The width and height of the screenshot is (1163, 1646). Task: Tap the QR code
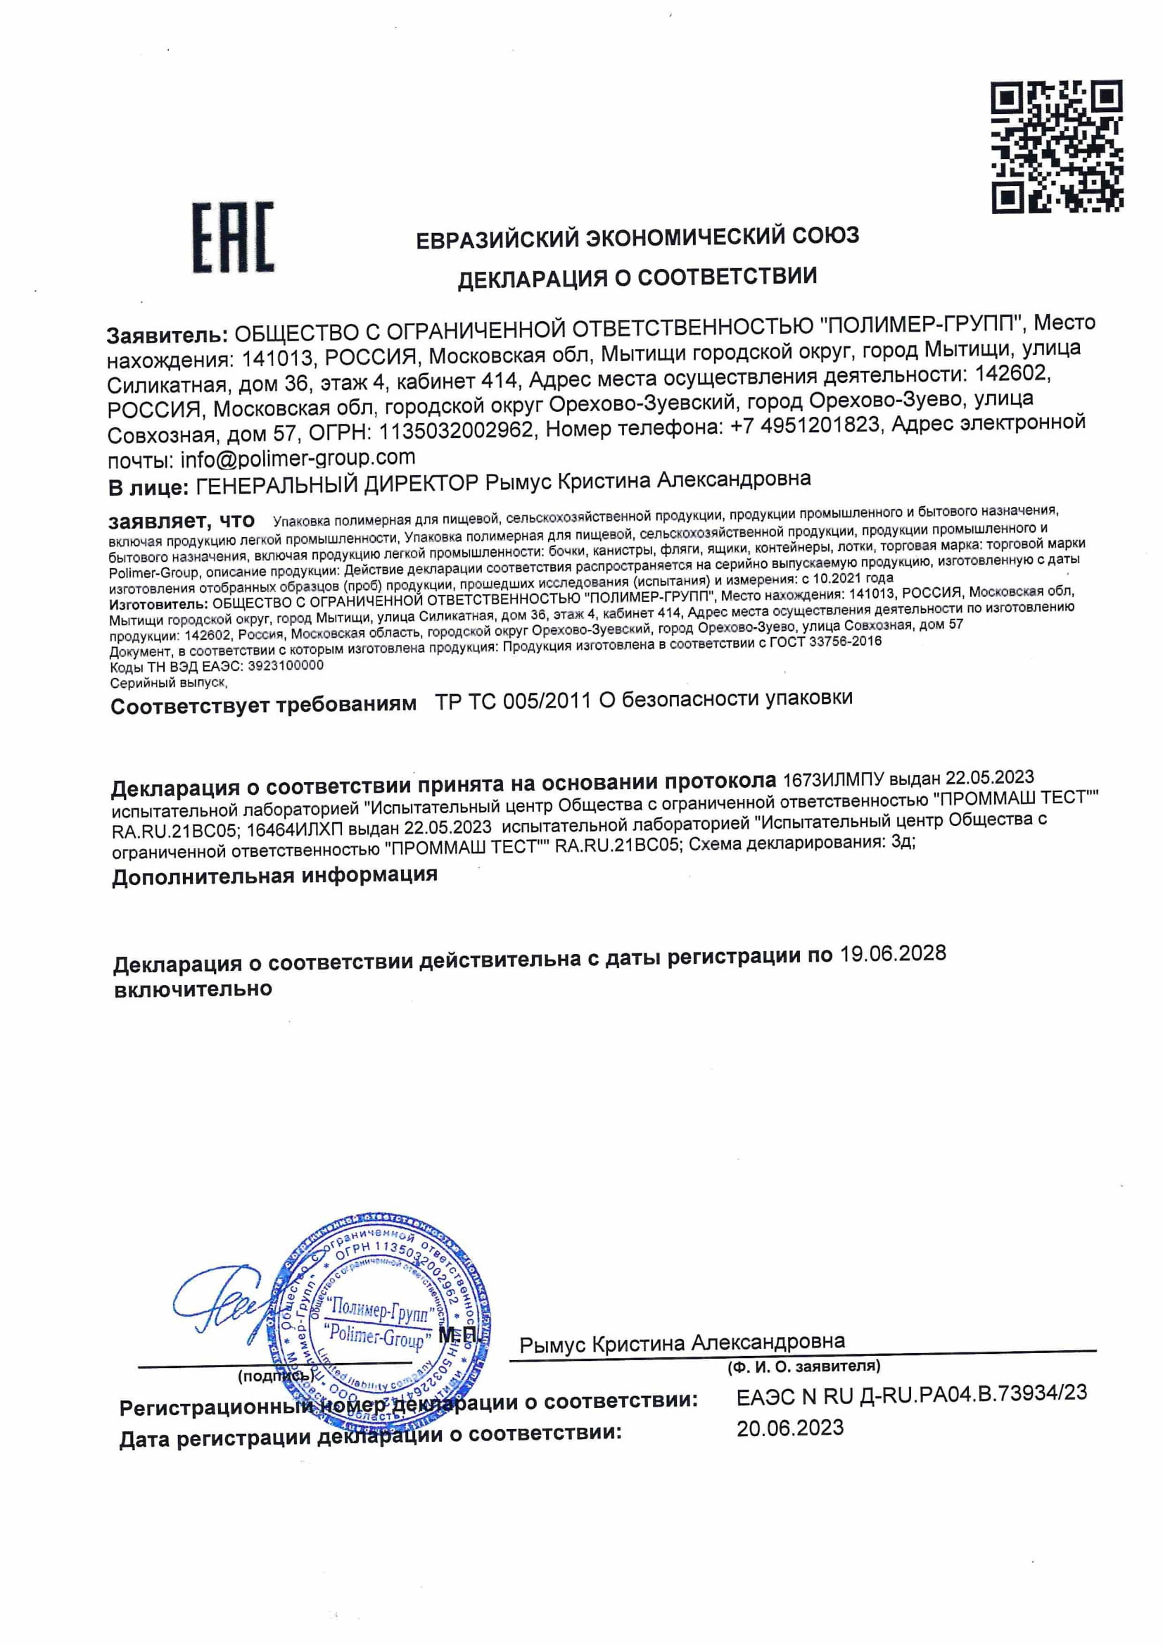coord(1057,146)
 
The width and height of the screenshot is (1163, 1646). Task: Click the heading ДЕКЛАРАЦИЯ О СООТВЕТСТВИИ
coord(637,277)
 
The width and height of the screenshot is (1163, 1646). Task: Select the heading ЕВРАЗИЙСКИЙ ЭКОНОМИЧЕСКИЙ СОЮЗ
coord(637,237)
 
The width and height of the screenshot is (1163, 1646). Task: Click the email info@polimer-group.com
coord(298,458)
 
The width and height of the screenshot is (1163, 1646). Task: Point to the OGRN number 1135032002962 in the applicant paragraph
coord(456,430)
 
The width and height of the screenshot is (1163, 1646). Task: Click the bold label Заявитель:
coord(167,335)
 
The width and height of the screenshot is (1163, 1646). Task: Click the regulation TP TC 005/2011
coord(512,701)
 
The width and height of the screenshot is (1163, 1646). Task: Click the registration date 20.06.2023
coord(789,1427)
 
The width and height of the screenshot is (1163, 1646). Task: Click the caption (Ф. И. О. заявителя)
coord(804,1367)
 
